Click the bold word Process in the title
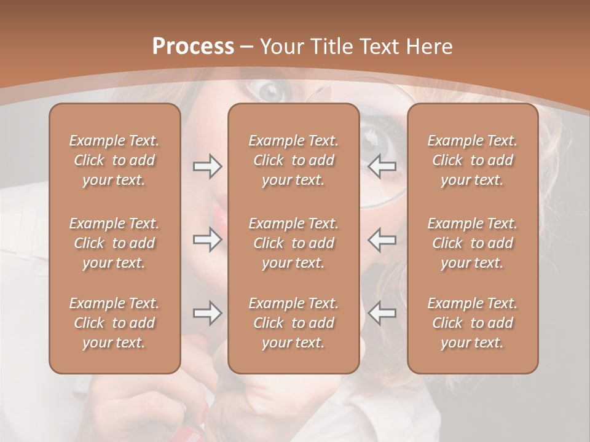[x=193, y=47]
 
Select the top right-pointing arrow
[x=207, y=166]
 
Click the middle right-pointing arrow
[x=207, y=239]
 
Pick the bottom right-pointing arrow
[x=207, y=313]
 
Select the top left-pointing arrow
[x=382, y=166]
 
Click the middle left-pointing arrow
[x=382, y=239]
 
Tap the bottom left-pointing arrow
[x=382, y=313]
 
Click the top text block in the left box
[x=114, y=160]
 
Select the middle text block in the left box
[x=114, y=243]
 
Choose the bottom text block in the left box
[x=114, y=323]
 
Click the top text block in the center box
[x=293, y=160]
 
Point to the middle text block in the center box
[x=293, y=243]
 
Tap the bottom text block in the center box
[x=293, y=323]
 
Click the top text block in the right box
[x=472, y=160]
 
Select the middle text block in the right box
[x=472, y=243]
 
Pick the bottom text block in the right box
[x=472, y=323]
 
